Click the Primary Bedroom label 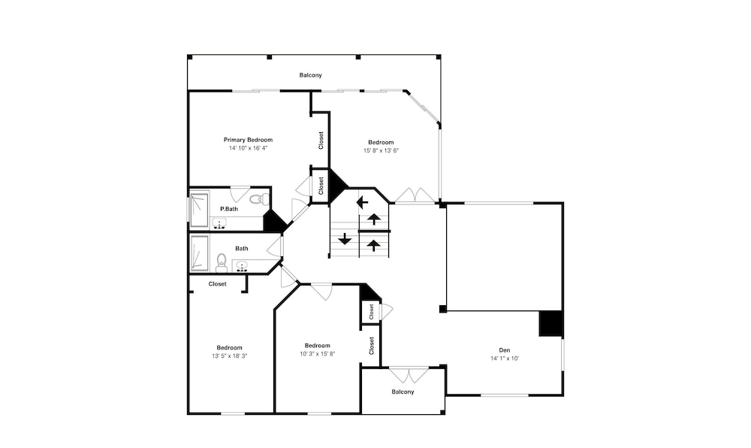[248, 140]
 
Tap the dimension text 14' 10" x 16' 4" [248, 148]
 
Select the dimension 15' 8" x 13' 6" [382, 150]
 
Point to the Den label [505, 350]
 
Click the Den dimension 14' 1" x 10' [505, 359]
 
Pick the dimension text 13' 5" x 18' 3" [229, 356]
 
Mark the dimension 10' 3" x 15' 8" [318, 354]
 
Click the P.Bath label [229, 209]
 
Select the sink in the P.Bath [219, 223]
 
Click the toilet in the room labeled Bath [222, 262]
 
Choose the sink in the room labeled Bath [242, 265]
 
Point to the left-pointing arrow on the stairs [363, 202]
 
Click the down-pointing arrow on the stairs [345, 238]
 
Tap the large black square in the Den [550, 323]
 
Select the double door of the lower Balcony [409, 374]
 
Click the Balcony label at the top [311, 75]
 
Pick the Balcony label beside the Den [403, 392]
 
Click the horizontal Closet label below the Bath [218, 284]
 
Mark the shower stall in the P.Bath [199, 210]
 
